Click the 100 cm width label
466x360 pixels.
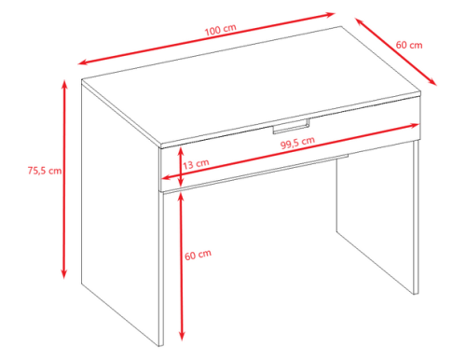221,30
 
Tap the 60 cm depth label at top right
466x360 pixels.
409,45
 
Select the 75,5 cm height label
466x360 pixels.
45,171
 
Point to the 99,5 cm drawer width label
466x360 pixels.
297,143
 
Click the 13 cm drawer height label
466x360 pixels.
196,164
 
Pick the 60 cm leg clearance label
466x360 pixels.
198,255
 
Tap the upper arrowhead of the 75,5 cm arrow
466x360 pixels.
64,84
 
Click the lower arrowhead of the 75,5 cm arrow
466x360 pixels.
64,274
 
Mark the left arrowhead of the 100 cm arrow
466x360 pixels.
82,62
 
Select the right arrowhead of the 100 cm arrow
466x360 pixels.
330,14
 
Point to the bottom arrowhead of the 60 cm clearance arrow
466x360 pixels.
182,337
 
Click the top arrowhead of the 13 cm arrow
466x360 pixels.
181,151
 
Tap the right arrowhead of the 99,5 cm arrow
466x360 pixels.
415,125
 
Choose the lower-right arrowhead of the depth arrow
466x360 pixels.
433,82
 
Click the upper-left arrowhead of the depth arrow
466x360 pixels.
360,21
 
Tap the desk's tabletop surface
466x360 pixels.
252,86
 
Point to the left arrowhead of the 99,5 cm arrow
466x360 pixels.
167,178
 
